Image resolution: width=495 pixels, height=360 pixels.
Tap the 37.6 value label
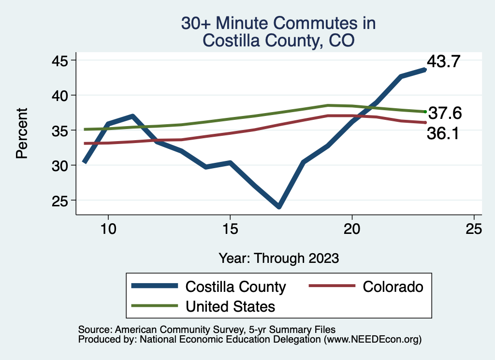coord(445,114)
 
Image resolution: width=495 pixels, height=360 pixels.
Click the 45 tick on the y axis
coord(61,60)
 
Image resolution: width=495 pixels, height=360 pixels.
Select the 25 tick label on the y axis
coord(61,201)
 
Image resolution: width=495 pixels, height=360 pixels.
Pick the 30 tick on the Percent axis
coord(61,165)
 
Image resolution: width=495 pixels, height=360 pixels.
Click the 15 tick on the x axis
coord(230,229)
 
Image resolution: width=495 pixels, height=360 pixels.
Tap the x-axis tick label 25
coord(474,229)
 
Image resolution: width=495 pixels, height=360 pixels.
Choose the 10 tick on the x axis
coord(108,229)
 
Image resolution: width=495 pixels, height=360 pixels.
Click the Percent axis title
coord(21,133)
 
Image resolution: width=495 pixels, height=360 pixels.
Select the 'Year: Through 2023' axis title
coord(278,258)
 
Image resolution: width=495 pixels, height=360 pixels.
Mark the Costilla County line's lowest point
coord(279,206)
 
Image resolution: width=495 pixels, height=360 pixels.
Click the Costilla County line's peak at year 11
coord(132,116)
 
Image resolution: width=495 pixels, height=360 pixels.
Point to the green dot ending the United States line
coord(425,112)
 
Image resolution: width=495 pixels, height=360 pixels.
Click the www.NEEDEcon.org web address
coord(372,339)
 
